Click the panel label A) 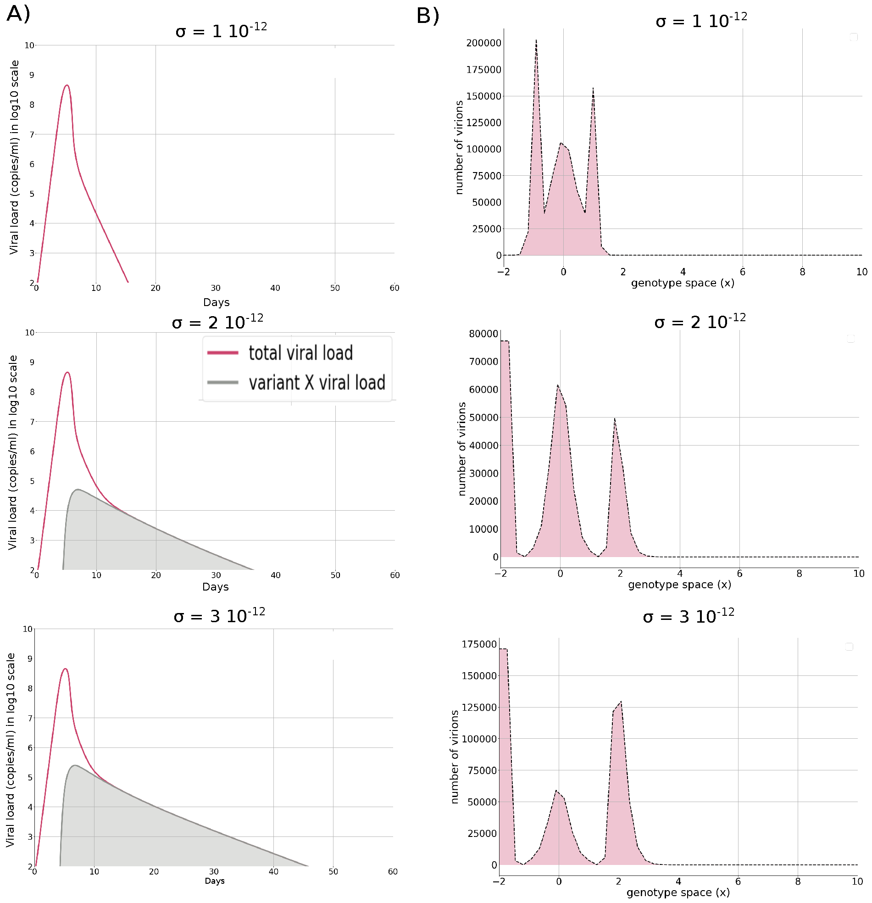click(x=18, y=14)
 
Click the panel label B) click(x=428, y=16)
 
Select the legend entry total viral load click(x=300, y=353)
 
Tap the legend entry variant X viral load click(x=317, y=383)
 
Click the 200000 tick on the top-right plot click(x=483, y=43)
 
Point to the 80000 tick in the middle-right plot click(x=483, y=334)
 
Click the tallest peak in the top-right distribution click(x=536, y=40)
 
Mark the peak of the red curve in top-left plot click(x=67, y=85)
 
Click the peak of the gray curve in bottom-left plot click(x=75, y=765)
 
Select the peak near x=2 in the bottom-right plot click(x=621, y=702)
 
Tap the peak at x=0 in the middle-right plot click(x=558, y=385)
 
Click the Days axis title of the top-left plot click(x=216, y=302)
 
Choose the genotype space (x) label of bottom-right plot click(x=678, y=892)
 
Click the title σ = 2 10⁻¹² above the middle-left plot click(x=217, y=322)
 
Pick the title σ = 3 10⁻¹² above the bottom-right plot click(x=688, y=616)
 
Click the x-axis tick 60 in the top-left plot click(x=394, y=288)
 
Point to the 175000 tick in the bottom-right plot click(x=479, y=644)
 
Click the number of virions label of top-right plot click(x=459, y=147)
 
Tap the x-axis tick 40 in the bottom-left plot click(x=273, y=872)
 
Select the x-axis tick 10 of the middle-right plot click(x=858, y=574)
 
